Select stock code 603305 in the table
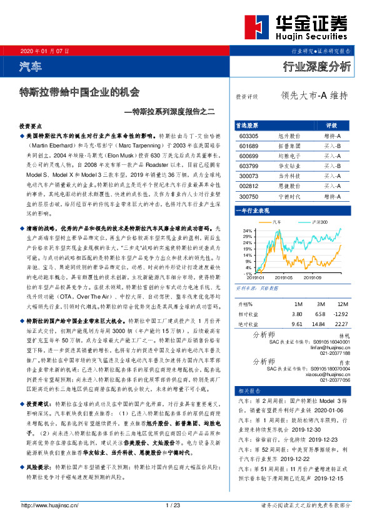[249, 135]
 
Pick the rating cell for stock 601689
[332, 145]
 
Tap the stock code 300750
[249, 196]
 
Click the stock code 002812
[249, 186]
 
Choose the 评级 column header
[332, 124]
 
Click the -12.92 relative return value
[340, 314]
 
